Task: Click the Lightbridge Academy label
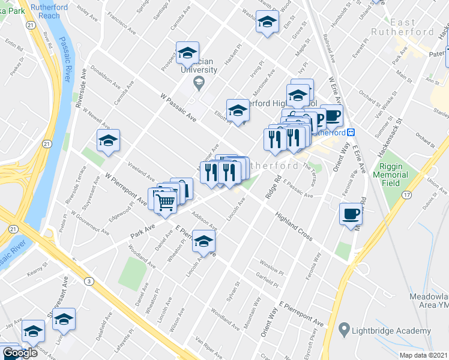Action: [x=392, y=331]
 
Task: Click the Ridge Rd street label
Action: [x=277, y=187]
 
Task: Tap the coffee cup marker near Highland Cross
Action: [x=351, y=214]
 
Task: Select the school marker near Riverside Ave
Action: [x=108, y=141]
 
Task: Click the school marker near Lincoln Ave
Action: [x=203, y=242]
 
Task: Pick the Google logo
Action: [x=20, y=353]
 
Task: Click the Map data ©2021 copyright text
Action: [x=423, y=355]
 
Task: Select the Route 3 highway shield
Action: [x=89, y=281]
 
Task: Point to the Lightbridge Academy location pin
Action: [x=344, y=329]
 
